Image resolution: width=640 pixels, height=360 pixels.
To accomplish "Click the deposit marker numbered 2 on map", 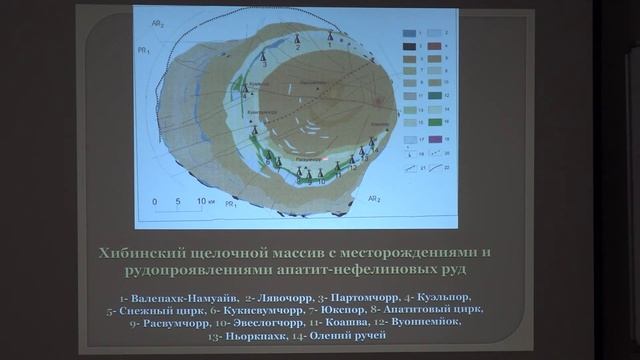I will [297, 41].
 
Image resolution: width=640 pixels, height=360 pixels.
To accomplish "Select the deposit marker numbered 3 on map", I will [263, 58].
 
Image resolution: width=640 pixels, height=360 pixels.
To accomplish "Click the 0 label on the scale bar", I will [155, 202].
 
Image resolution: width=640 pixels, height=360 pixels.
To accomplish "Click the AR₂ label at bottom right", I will [377, 199].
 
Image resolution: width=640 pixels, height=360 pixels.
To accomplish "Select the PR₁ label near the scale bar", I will [232, 204].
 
